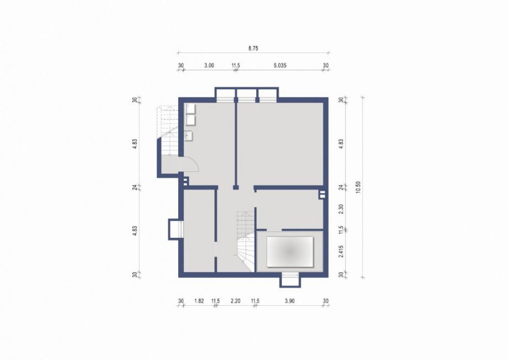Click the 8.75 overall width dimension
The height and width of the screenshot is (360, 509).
pos(253,48)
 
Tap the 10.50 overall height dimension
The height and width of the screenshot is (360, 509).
pos(358,187)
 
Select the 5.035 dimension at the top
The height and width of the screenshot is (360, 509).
pos(280,65)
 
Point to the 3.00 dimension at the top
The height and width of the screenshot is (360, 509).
pos(209,65)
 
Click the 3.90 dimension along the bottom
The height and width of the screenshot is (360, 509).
pos(289,301)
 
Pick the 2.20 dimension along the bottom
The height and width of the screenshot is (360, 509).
pos(235,301)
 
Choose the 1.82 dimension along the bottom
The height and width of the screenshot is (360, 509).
pos(199,301)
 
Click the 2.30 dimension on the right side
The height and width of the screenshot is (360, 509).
pos(341,209)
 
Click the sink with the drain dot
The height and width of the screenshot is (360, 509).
pos(189,135)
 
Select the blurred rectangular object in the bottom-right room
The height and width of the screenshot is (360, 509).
pos(290,252)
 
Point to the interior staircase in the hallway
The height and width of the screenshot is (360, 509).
pos(245,241)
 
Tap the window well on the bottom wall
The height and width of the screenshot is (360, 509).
pos(289,280)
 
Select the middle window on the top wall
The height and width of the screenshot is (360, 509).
pos(246,97)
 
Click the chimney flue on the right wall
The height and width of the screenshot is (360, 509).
pos(322,195)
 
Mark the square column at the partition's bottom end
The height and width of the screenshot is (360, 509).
pos(236,187)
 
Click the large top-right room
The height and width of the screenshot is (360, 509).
pos(280,144)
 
